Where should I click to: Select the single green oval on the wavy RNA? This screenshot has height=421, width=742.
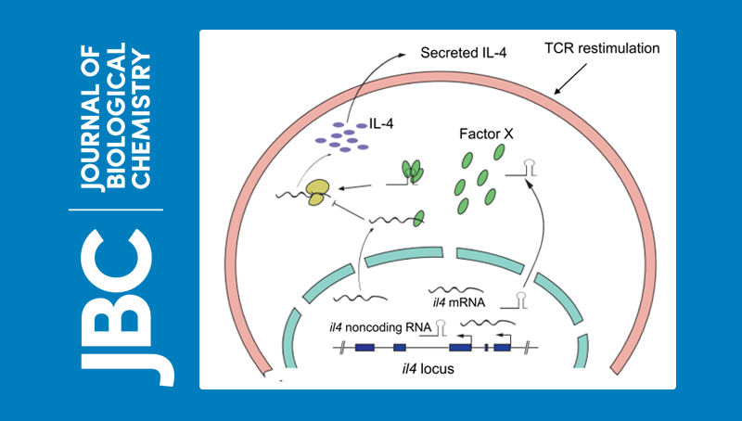pos(419,217)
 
